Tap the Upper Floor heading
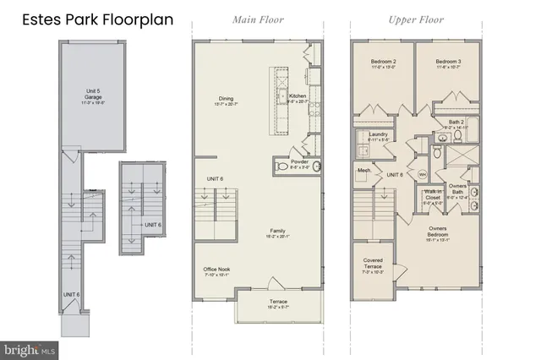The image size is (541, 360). click(x=417, y=19)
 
